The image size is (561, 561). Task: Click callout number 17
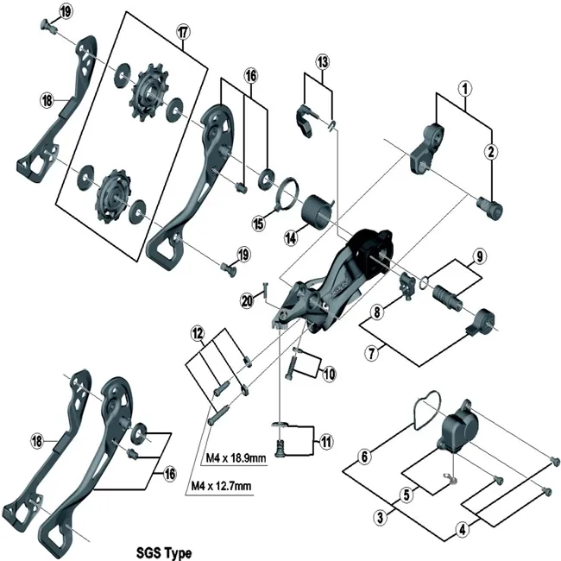click(182, 32)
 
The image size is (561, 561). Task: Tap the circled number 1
click(465, 88)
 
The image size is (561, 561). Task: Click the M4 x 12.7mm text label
click(220, 487)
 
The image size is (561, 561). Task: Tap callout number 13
click(322, 62)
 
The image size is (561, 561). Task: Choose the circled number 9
click(480, 256)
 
